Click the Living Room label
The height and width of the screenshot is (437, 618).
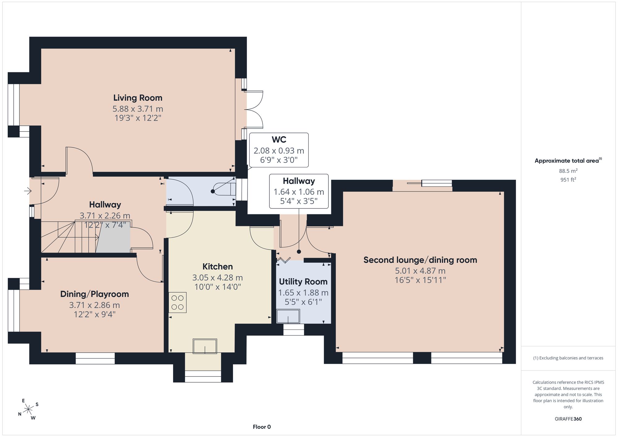[138, 98]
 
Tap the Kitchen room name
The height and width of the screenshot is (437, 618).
[218, 267]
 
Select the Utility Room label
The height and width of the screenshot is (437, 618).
[303, 282]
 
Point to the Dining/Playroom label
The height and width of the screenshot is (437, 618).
[95, 294]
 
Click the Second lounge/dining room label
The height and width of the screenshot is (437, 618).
[420, 260]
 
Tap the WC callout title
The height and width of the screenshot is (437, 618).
[279, 140]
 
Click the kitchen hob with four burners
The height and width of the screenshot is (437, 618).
[177, 302]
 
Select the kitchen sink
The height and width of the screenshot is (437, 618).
[205, 346]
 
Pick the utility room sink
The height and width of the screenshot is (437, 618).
[288, 316]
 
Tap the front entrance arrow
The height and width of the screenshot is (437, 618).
[28, 191]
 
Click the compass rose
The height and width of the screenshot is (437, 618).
[28, 410]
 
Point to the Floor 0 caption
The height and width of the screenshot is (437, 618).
[262, 427]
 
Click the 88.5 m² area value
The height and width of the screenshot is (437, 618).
[568, 171]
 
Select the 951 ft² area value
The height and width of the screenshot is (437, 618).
[568, 179]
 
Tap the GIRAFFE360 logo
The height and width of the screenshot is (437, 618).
[568, 419]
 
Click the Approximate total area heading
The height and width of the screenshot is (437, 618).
[568, 161]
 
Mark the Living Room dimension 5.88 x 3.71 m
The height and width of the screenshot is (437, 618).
[138, 109]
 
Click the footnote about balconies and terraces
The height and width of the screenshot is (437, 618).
[568, 358]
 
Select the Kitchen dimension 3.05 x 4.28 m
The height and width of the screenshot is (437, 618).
[218, 278]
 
